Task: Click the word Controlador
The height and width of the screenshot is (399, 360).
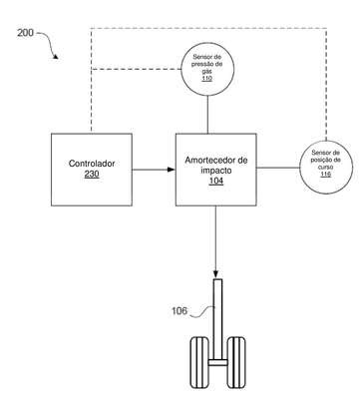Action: coord(92,164)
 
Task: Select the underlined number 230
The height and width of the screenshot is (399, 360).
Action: coord(92,174)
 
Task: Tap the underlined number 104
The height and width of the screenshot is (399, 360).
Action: coord(216,181)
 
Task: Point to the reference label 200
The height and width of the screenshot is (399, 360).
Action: coord(25,33)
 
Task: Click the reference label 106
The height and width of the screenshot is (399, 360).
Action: coord(180,311)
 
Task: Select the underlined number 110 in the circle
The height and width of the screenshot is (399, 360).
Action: coord(206,79)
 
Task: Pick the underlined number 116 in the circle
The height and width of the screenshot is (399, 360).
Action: coord(325,174)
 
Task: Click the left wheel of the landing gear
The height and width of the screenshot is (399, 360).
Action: coord(199,362)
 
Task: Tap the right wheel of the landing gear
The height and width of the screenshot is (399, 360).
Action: coord(236,362)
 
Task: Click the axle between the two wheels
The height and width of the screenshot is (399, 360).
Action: coord(218,362)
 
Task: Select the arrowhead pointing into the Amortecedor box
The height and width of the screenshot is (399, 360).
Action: coord(172,170)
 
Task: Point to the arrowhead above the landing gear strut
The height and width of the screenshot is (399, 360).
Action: coord(215,274)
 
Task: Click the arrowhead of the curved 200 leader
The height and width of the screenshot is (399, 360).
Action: coord(56,57)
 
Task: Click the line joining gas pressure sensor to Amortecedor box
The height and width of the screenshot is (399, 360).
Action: coord(207,115)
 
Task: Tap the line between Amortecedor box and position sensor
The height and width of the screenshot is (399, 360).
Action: coord(278,168)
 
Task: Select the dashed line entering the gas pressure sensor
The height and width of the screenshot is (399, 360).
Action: coord(137,69)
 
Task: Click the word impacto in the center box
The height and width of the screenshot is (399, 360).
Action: coord(216,171)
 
